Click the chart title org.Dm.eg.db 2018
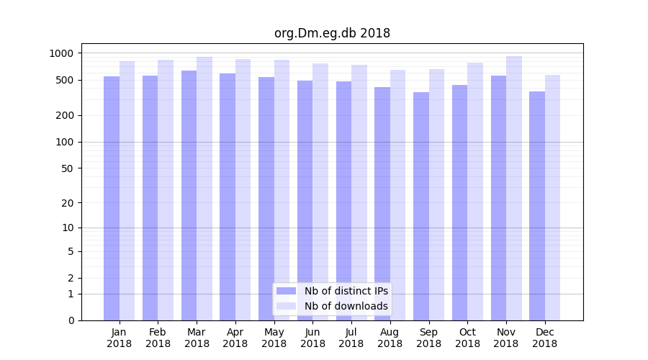pyautogui.click(x=332, y=33)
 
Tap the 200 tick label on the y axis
pyautogui.click(x=65, y=115)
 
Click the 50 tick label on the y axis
pyautogui.click(x=68, y=168)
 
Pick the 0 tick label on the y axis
pyautogui.click(x=71, y=320)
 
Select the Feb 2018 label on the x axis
pyautogui.click(x=158, y=338)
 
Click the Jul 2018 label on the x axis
pyautogui.click(x=351, y=338)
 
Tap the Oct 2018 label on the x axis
pyautogui.click(x=467, y=338)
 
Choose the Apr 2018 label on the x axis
pyautogui.click(x=235, y=338)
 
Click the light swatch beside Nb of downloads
pyautogui.click(x=286, y=306)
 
